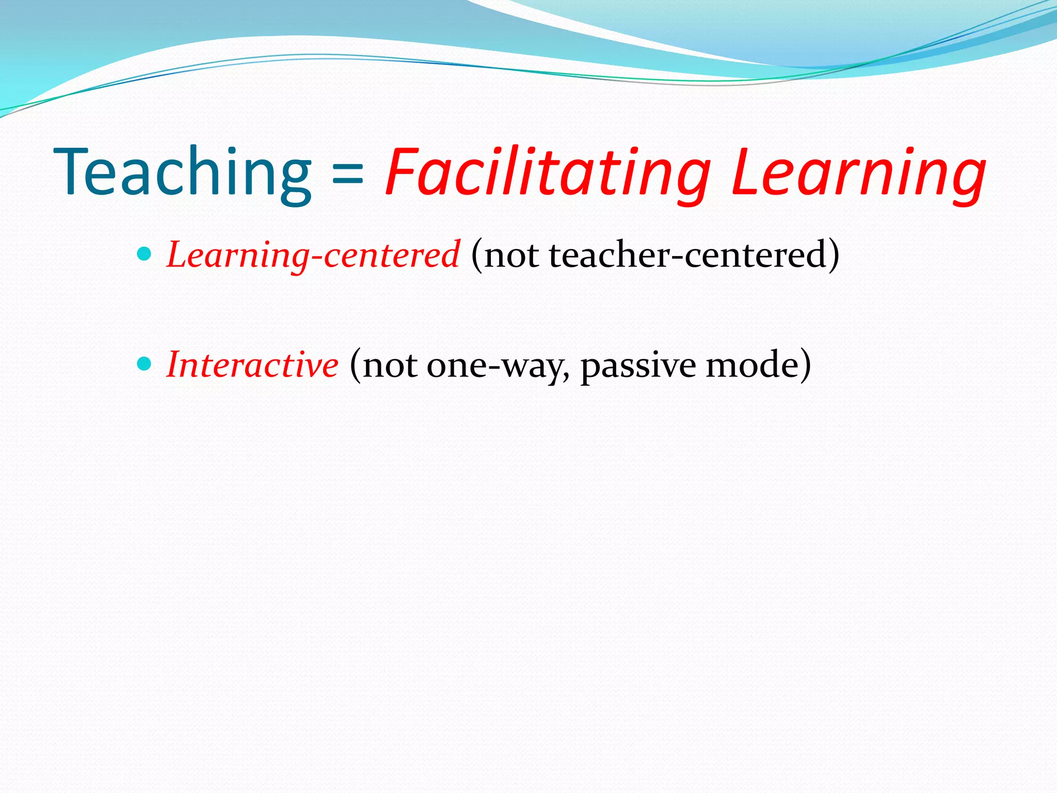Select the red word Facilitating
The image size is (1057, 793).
point(548,173)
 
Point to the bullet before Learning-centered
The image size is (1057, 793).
point(145,254)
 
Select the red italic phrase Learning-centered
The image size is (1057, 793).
point(313,255)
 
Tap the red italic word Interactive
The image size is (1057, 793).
point(252,365)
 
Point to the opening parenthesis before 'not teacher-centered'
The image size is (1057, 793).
point(476,255)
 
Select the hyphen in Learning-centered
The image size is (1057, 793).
point(316,258)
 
